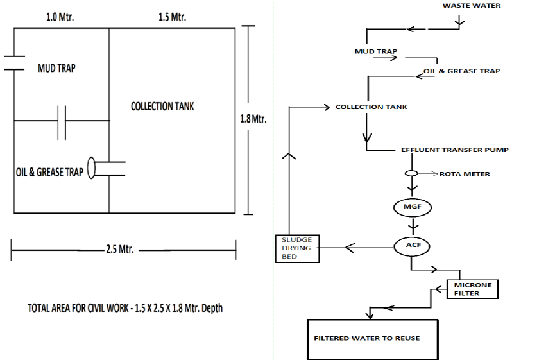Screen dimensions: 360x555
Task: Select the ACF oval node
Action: tap(411, 245)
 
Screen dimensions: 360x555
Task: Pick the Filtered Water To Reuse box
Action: tap(366, 338)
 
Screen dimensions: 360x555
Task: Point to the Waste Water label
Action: tap(472, 6)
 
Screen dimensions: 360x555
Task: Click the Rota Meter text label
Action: tap(465, 174)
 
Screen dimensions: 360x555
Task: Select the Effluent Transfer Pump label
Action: tap(454, 150)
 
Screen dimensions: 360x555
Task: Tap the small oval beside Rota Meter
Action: tap(411, 173)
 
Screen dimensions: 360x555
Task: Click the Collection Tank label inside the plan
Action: tap(162, 107)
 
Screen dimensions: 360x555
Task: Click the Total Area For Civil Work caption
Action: tap(125, 308)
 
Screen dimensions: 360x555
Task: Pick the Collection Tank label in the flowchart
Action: tap(371, 107)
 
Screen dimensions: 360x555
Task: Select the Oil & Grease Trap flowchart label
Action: tap(462, 71)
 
